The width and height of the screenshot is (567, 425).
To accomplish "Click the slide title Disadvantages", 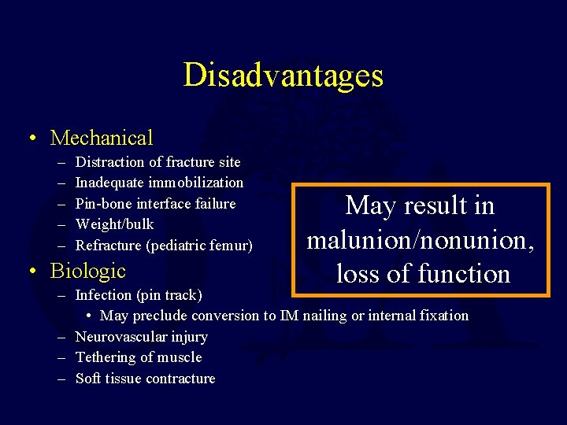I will point(283,76).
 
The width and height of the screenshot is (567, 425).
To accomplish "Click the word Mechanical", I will point(102,139).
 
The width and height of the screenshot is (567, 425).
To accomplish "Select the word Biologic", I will point(87,271).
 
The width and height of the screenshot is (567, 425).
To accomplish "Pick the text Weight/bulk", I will point(115,225).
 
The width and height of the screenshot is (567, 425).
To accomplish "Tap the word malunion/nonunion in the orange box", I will point(421,239).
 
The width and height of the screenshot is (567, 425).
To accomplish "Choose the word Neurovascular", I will point(120,337).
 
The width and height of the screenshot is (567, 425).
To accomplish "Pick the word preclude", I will point(157,316).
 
